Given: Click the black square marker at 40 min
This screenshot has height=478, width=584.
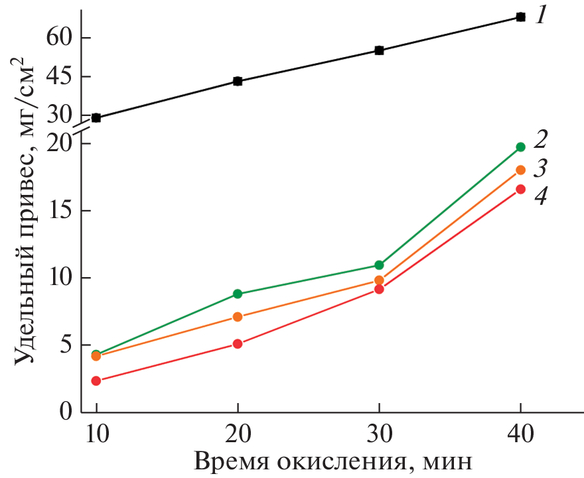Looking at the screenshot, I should tap(520, 17).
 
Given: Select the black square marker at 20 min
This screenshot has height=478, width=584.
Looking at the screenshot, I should tap(238, 82).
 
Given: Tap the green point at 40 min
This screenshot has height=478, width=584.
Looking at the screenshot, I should tap(520, 147).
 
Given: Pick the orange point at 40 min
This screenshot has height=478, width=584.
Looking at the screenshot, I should tap(520, 170).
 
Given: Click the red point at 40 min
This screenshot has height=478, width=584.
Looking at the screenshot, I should tap(520, 189).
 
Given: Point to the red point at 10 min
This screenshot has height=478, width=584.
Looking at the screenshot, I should tap(96, 381).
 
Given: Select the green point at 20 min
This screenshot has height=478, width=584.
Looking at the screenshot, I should tap(238, 294).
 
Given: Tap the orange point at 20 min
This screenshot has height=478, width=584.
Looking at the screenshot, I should tap(238, 317).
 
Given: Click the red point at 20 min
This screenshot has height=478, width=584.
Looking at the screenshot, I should tap(238, 344).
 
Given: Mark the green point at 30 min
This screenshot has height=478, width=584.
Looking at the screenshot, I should tap(379, 265).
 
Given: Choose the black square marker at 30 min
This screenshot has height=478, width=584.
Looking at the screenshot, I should tap(379, 50).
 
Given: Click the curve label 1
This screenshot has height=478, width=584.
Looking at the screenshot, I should tap(541, 15).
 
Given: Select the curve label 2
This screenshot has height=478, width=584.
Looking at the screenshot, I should tap(541, 139).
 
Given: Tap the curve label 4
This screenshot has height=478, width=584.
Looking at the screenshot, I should tap(542, 197).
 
